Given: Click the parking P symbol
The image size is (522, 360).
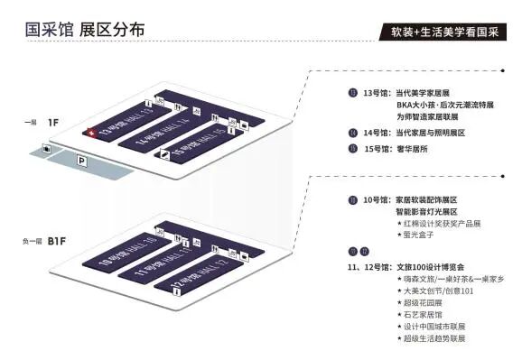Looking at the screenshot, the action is pyautogui.click(x=82, y=162).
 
